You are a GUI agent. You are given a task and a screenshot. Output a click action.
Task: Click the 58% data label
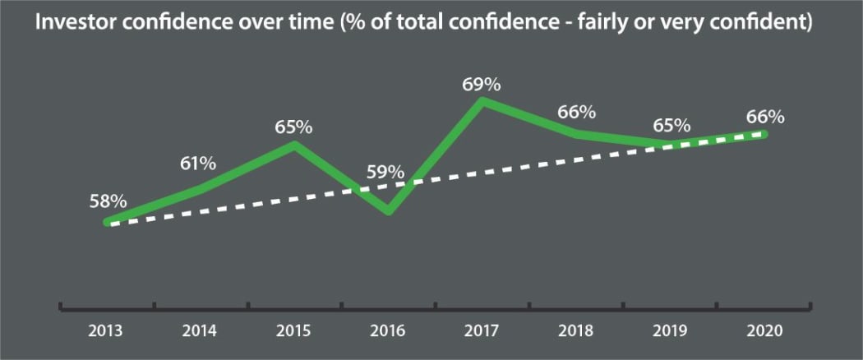(x=108, y=201)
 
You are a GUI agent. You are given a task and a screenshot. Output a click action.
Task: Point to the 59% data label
(x=385, y=173)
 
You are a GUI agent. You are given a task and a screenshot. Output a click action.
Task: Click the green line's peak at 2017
(x=483, y=101)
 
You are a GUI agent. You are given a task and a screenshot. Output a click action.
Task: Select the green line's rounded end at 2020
(x=764, y=134)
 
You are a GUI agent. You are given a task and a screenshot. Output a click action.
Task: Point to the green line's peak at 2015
(x=294, y=145)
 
